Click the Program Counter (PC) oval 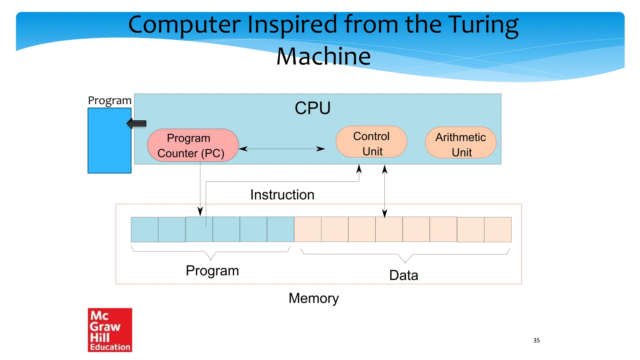193,145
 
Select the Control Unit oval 371,142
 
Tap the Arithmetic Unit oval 461,143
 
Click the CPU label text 312,108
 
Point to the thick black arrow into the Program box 137,124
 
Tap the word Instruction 282,195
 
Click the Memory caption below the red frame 313,298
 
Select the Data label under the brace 403,275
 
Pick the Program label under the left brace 212,271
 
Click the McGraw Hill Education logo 110,330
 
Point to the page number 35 536,340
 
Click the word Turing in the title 483,25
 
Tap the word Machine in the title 323,57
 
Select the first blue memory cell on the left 144,230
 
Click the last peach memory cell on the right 497,230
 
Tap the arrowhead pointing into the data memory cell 385,213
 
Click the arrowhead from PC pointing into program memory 200,211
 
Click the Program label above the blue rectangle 109,101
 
